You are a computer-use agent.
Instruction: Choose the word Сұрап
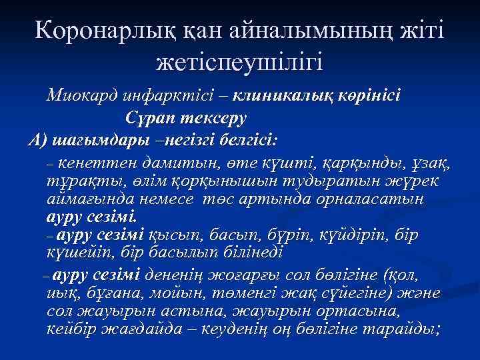point(150,118)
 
